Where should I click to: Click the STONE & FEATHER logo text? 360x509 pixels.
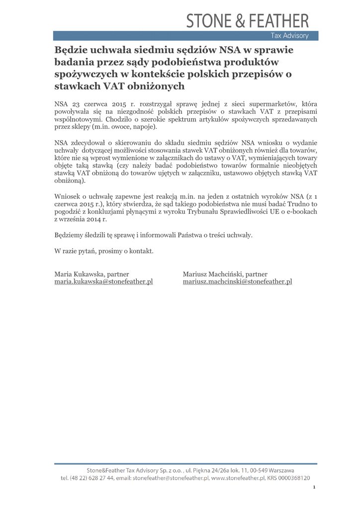[248, 21]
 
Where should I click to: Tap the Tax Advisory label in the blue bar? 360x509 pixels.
[289, 36]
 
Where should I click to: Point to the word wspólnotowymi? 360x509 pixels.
[77, 120]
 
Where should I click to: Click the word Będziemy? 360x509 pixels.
[69, 235]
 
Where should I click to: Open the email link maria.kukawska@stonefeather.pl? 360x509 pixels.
[103, 281]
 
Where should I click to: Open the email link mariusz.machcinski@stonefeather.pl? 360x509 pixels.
[237, 281]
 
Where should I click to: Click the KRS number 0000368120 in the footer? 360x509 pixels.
[293, 478]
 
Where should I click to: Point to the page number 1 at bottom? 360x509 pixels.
[314, 487]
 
